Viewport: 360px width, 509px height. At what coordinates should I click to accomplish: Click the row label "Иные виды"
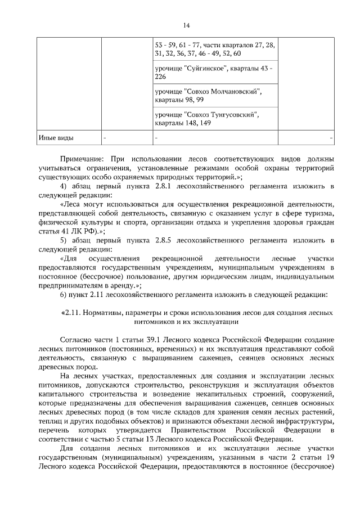(56, 138)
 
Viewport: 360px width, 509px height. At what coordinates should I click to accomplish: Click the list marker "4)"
(64, 186)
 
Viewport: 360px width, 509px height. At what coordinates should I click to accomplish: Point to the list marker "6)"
(64, 294)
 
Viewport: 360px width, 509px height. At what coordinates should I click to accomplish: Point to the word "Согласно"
(77, 340)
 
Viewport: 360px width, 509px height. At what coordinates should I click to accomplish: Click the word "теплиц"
(48, 421)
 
